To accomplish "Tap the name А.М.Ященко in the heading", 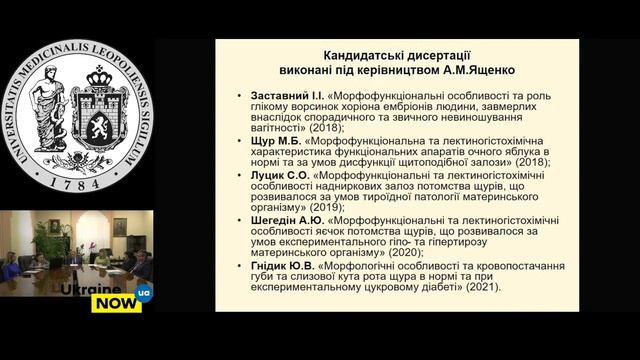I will (x=458, y=70).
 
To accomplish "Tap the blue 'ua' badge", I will (x=144, y=293).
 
